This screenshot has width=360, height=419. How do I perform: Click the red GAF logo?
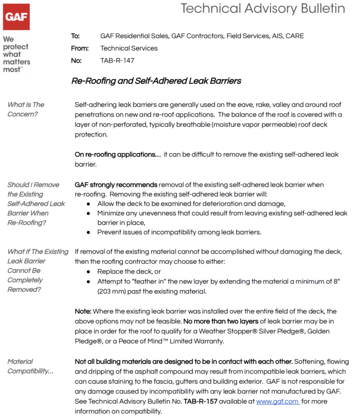pos(16,17)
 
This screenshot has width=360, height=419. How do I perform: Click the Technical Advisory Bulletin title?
pos(262,8)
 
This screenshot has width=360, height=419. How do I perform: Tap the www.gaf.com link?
pos(277,402)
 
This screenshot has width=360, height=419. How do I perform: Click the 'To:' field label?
pos(75,36)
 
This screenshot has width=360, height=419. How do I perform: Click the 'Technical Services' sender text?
pos(129,48)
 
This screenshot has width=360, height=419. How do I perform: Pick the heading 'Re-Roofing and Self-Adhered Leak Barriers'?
pos(156,81)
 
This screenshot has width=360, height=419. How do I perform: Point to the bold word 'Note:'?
pos(84,312)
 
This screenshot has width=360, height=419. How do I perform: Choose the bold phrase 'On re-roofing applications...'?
pos(118,154)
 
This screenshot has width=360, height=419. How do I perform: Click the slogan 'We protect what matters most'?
pos(16,54)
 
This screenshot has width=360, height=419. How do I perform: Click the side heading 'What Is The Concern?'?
pos(26,109)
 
